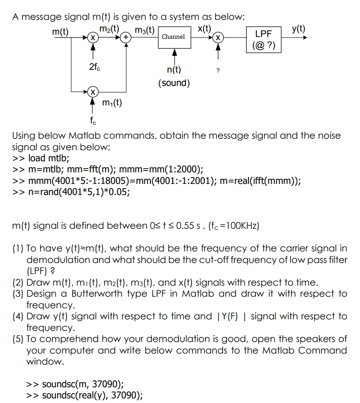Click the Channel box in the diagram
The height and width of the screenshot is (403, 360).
click(x=173, y=37)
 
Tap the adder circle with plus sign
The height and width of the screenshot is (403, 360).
click(x=126, y=37)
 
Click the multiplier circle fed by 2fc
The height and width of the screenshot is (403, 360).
click(x=93, y=37)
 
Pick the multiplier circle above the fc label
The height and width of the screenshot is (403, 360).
click(x=93, y=92)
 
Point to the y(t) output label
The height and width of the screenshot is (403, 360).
click(x=299, y=28)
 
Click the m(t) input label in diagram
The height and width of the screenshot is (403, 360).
click(x=60, y=32)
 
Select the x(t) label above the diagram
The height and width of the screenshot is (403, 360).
click(x=205, y=28)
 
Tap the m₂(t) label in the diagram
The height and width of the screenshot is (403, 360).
click(x=110, y=28)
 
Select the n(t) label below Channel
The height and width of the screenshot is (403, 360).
click(x=174, y=70)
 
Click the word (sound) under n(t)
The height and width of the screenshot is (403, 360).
click(x=174, y=83)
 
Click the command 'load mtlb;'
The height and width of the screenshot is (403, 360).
click(x=49, y=158)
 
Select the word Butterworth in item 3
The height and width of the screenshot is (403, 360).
click(x=100, y=293)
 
